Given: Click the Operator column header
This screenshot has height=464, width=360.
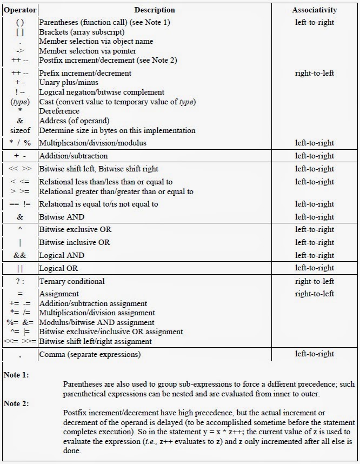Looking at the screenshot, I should pyautogui.click(x=20, y=10).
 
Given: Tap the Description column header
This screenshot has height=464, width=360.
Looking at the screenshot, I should pyautogui.click(x=155, y=10).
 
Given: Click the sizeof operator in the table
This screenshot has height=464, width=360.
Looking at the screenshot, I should pyautogui.click(x=20, y=130).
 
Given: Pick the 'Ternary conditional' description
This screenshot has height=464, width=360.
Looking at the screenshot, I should pyautogui.click(x=71, y=281).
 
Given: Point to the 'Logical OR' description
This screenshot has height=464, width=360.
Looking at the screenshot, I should pyautogui.click(x=58, y=268).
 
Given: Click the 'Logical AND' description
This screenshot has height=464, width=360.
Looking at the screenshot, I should pyautogui.click(x=62, y=255).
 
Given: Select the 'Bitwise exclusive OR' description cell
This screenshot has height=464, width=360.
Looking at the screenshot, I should pyautogui.click(x=75, y=230).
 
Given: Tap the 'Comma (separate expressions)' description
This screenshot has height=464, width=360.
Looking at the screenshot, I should pyautogui.click(x=90, y=354).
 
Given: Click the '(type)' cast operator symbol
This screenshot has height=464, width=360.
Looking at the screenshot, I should pyautogui.click(x=20, y=102).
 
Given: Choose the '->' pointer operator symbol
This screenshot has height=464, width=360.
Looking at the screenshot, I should pyautogui.click(x=20, y=51).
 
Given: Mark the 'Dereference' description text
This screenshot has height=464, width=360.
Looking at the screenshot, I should pyautogui.click(x=59, y=111).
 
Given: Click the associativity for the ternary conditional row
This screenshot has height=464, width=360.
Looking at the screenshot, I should pyautogui.click(x=315, y=281).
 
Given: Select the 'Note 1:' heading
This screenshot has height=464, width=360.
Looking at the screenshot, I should pyautogui.click(x=16, y=374).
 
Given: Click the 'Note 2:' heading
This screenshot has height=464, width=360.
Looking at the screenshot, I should pyautogui.click(x=16, y=403).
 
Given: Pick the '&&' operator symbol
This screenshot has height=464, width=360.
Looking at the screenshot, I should pyautogui.click(x=20, y=255).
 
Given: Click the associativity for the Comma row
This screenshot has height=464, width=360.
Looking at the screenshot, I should pyautogui.click(x=315, y=354).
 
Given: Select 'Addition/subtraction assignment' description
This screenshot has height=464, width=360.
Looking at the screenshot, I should pyautogui.click(x=93, y=303).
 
